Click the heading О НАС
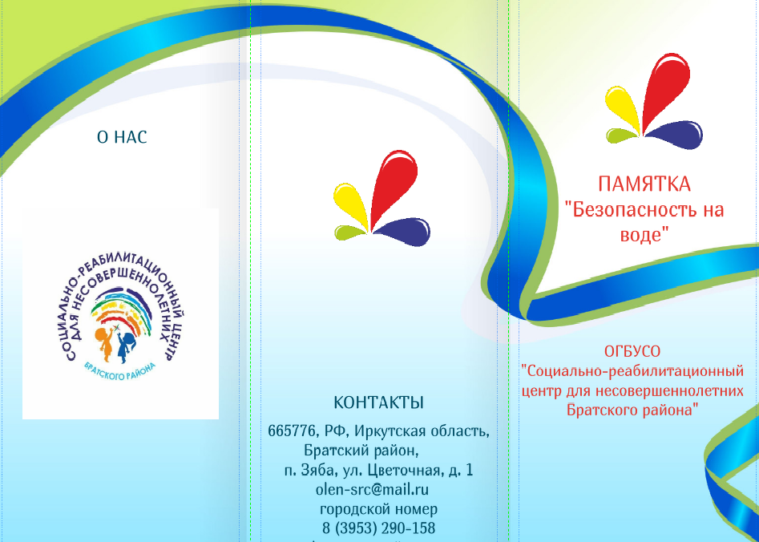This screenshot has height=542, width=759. pos(122,137)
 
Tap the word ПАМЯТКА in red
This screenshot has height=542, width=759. pos(644,184)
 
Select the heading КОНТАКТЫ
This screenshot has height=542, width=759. pos(378,402)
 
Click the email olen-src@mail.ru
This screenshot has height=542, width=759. pos(372,489)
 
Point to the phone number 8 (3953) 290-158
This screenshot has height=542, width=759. pos(378,528)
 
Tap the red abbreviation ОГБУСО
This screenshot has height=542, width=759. pos(632,351)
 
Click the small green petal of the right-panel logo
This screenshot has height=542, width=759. pos(621,135)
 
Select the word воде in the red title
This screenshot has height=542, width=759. pos(640,235)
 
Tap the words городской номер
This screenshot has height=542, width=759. pos(378,509)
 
